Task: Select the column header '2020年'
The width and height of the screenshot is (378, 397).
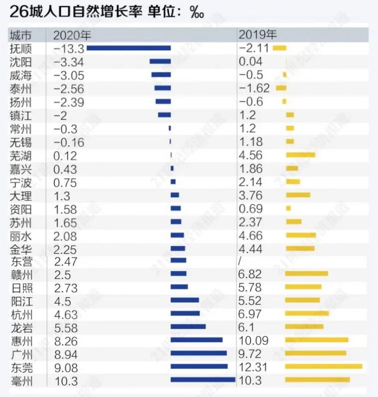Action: point(69,35)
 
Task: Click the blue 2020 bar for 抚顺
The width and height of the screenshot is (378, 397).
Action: point(129,48)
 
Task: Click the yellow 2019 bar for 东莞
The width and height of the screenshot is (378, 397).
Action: point(324,367)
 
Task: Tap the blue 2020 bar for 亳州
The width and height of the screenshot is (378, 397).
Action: point(203,380)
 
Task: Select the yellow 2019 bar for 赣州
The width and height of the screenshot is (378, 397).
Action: point(307,274)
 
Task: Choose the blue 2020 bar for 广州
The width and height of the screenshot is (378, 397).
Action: point(198,354)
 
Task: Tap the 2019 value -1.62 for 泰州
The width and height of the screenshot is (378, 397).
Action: point(254,88)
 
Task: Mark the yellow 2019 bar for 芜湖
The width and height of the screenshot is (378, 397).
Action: point(301,155)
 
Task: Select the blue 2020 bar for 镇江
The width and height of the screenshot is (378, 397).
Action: point(164,115)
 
